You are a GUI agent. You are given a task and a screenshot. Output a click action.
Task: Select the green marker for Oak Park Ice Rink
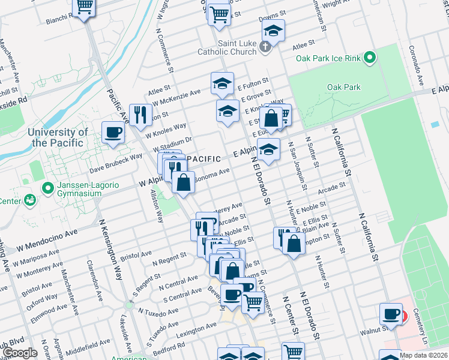tap(370, 58)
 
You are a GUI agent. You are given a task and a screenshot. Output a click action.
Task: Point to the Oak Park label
tap(344, 87)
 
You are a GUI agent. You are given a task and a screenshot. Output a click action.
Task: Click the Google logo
tap(20, 353)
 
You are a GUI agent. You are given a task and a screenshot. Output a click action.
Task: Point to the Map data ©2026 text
tap(423, 355)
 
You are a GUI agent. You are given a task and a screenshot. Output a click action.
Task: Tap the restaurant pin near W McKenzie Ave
tap(140, 113)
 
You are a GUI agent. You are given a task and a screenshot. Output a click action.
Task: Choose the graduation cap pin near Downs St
tap(274, 31)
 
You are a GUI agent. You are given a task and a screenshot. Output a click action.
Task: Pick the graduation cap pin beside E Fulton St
tap(222, 83)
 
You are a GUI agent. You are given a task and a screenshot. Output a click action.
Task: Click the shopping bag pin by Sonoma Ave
tap(184, 181)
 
